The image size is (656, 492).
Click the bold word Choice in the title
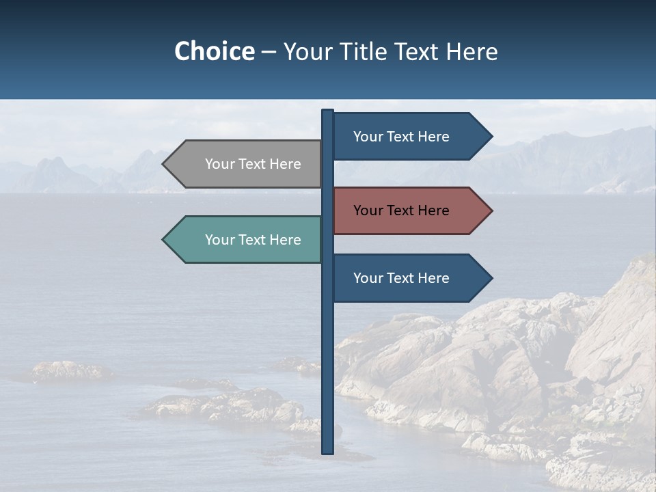[214, 51]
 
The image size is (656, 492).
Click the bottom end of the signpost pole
[328, 452]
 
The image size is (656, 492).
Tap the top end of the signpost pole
[328, 111]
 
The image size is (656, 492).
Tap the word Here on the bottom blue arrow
[433, 278]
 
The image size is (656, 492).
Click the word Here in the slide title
[471, 51]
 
